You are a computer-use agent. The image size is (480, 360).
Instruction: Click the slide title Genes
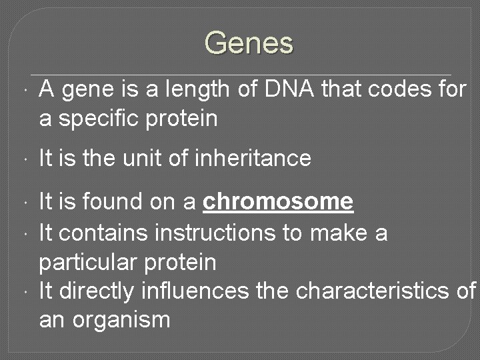point(249,43)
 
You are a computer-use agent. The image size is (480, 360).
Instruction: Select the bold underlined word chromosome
point(278,201)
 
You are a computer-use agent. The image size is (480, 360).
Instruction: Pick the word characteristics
point(376,291)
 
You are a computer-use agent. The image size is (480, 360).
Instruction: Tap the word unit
point(143,159)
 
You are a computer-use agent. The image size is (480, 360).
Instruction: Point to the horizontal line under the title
point(240,73)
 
